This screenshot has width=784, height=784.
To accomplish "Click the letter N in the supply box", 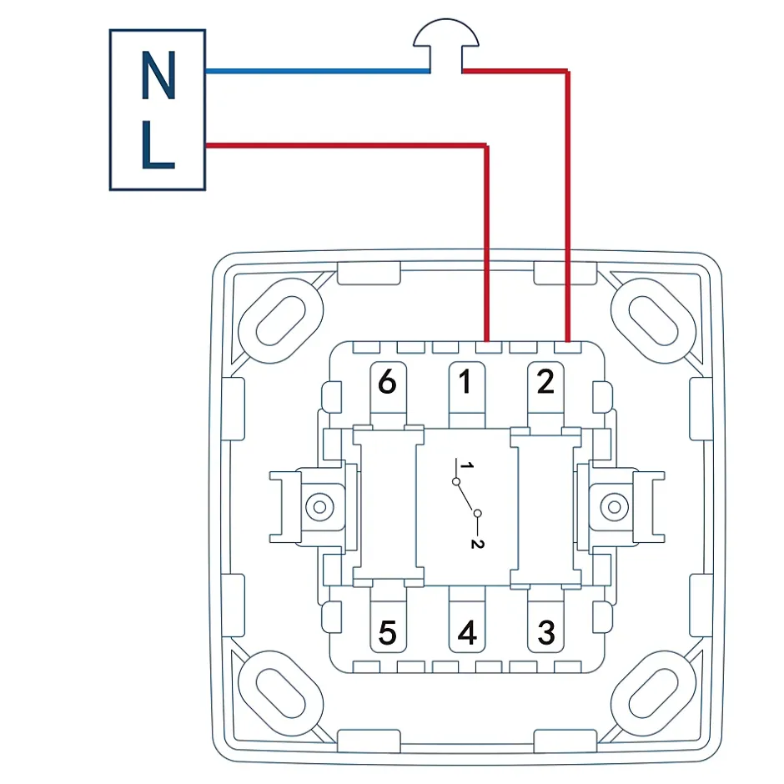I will pyautogui.click(x=158, y=76).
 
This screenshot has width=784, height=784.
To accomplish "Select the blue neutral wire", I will pyautogui.click(x=317, y=72).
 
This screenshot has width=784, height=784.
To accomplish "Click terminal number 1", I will pyautogui.click(x=465, y=383).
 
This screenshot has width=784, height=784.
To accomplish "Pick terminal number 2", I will pyautogui.click(x=545, y=383).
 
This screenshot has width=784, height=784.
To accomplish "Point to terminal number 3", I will pyautogui.click(x=545, y=632).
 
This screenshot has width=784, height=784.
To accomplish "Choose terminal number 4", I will pyautogui.click(x=467, y=633).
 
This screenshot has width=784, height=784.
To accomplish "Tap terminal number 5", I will pyautogui.click(x=387, y=633).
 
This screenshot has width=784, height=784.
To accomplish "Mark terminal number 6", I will pyautogui.click(x=387, y=383).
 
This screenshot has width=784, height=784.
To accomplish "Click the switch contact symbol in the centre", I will pyautogui.click(x=466, y=497).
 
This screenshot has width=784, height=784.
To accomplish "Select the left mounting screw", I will pyautogui.click(x=318, y=506).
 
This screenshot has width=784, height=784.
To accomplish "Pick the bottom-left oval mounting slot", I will pyautogui.click(x=280, y=692).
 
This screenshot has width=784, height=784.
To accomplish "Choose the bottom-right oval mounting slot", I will pyautogui.click(x=653, y=692).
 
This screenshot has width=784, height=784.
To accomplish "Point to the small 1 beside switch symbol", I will pyautogui.click(x=469, y=465).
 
